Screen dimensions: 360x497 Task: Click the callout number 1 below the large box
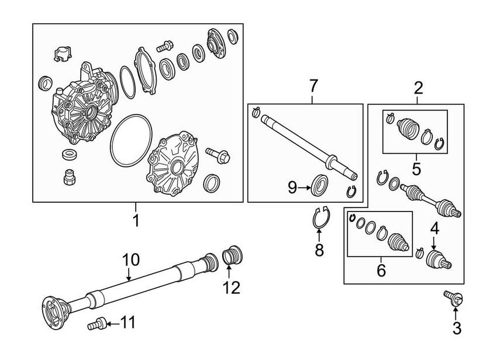pyautogui.click(x=136, y=223)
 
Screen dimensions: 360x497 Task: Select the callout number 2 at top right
pyautogui.click(x=418, y=89)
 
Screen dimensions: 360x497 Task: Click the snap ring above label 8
pyautogui.click(x=319, y=218)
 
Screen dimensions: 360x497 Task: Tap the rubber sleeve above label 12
pyautogui.click(x=234, y=256)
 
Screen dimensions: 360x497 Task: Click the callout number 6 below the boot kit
pyautogui.click(x=381, y=270)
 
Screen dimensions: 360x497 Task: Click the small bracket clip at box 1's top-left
pyautogui.click(x=61, y=54)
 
